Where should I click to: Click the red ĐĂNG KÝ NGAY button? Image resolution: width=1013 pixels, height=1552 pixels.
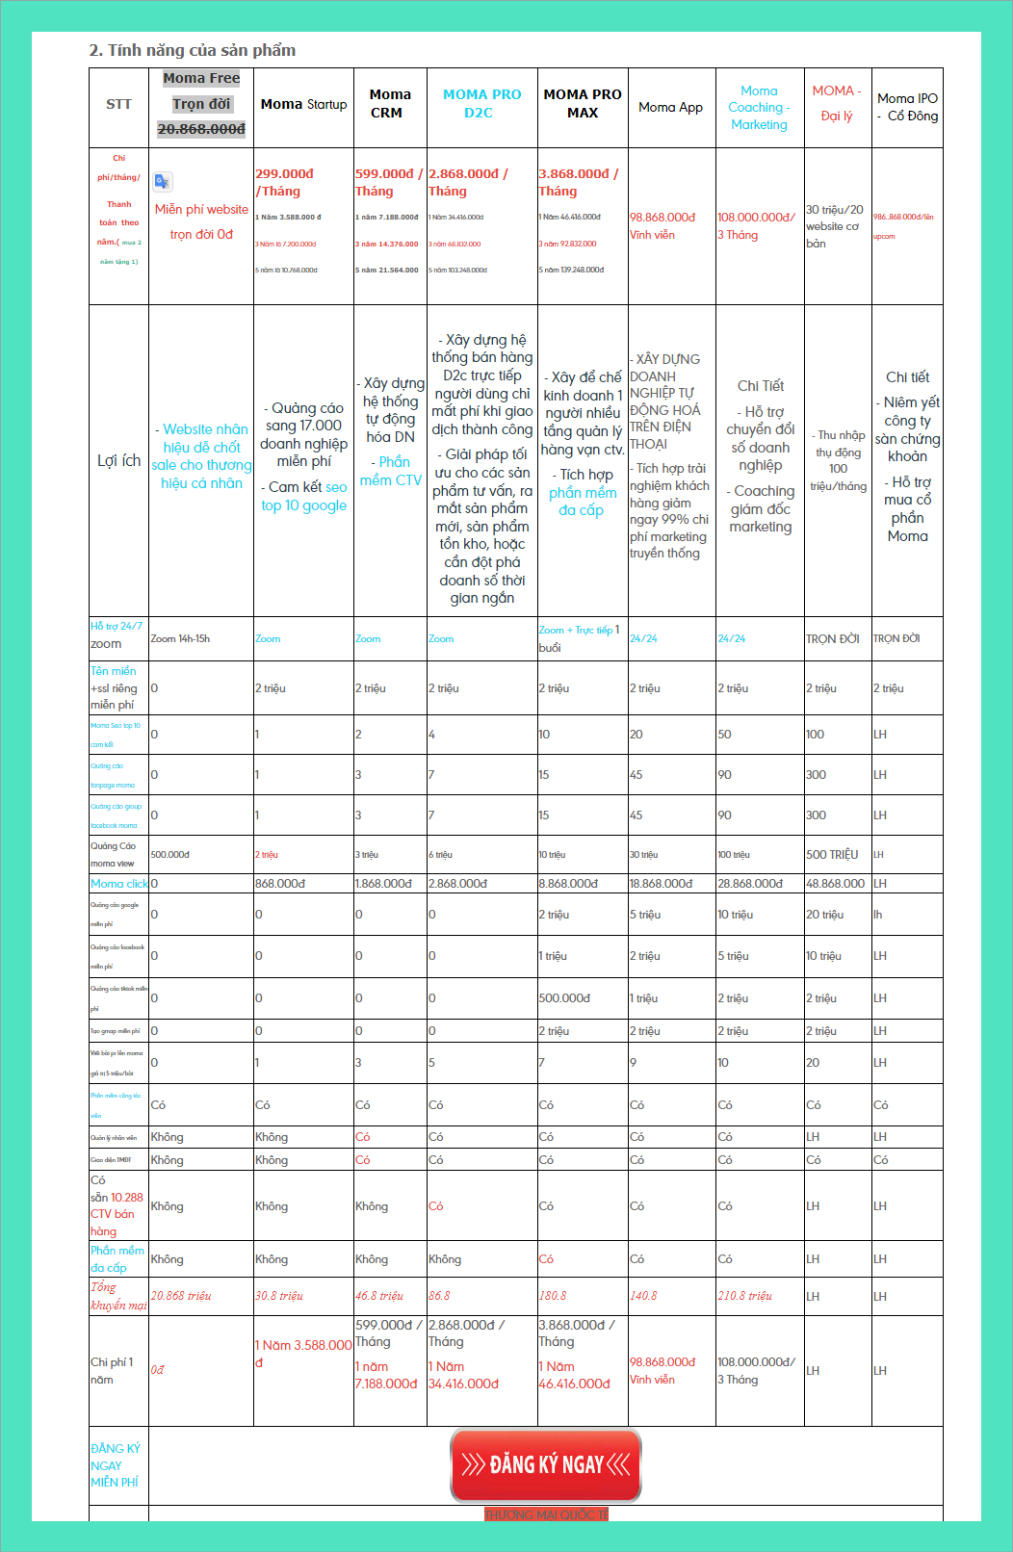tap(545, 1465)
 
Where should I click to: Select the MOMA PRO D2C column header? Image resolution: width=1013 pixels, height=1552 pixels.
tap(481, 104)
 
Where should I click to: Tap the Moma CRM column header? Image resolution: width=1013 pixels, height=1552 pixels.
tap(389, 104)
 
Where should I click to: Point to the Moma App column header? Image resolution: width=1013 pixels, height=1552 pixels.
tap(670, 107)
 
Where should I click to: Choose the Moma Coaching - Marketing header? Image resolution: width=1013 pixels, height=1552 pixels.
tap(759, 107)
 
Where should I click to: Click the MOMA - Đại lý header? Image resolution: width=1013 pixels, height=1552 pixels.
tap(836, 103)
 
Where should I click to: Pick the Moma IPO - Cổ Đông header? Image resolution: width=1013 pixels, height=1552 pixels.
tap(907, 107)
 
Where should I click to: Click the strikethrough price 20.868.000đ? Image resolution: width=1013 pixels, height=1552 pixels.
tap(201, 129)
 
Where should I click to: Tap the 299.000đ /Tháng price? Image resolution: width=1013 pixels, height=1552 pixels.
tap(284, 182)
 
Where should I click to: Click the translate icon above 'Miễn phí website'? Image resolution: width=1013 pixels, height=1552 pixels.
tap(163, 181)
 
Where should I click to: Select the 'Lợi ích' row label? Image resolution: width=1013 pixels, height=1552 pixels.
tap(118, 460)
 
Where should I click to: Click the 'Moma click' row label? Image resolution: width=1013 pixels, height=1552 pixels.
tap(118, 883)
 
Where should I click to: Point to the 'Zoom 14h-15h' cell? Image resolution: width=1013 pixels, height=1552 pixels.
tap(180, 638)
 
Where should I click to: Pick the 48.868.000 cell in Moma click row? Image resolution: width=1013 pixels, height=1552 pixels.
tap(835, 883)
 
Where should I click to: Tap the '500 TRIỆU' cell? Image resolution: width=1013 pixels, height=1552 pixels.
tap(831, 854)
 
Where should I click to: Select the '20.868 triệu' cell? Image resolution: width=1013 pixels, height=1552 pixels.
tap(181, 1296)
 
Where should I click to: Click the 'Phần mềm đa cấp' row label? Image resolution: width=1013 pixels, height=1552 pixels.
tap(117, 1258)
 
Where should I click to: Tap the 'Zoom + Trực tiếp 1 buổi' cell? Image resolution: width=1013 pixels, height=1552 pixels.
tap(578, 638)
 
